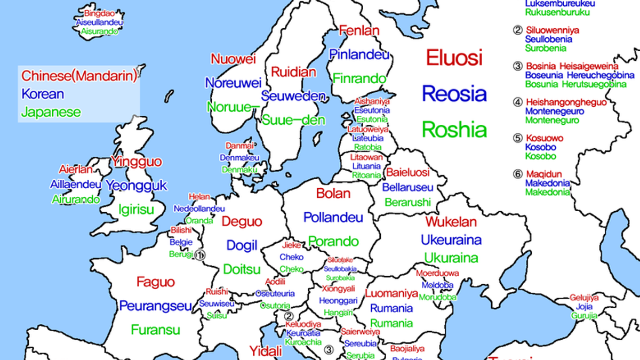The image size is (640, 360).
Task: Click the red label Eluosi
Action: (454, 58)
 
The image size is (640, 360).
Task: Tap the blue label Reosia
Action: (454, 94)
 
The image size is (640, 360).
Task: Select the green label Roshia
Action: (454, 130)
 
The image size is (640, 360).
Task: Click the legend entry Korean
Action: (43, 94)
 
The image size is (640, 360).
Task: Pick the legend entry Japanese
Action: (51, 113)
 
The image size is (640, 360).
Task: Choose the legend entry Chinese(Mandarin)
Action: (79, 76)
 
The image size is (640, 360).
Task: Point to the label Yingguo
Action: (136, 161)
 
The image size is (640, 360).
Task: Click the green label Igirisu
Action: (136, 209)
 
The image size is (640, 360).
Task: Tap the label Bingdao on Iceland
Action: (99, 13)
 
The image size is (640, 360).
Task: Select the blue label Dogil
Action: (242, 245)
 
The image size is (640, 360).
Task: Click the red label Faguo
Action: (155, 282)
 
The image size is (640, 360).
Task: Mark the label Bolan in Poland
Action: (333, 193)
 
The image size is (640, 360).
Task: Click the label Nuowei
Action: (234, 59)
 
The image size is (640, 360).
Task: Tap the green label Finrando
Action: (359, 78)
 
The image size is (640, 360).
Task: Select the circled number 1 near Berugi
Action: (200, 255)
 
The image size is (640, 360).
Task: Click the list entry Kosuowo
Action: (544, 138)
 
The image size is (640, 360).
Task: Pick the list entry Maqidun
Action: (544, 174)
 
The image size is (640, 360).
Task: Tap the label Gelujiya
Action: (584, 298)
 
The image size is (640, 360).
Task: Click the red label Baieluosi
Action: (407, 173)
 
